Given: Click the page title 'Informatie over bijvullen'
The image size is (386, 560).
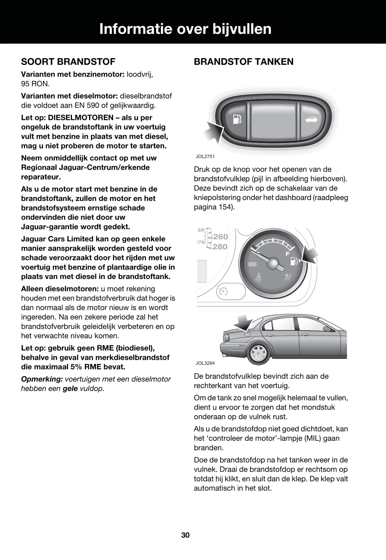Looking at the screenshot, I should [185, 29].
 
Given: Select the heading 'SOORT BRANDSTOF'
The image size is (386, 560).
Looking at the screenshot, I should [68, 62].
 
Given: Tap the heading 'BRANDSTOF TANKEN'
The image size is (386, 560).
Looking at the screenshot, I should [243, 62].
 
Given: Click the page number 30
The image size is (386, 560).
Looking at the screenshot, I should [186, 535].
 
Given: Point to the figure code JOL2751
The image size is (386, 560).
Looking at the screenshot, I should [205, 157].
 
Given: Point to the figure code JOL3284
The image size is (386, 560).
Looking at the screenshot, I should [205, 363].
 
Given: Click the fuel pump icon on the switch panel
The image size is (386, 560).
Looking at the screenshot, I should [237, 120].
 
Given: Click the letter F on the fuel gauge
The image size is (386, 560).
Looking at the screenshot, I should [287, 254].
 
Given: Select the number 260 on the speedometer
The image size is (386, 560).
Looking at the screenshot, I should [220, 236].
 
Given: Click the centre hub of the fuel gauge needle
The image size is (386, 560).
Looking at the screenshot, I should [273, 263].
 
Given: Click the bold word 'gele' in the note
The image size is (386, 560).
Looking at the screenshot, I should [70, 389].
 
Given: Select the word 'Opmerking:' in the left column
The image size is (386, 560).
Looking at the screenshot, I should [42, 379].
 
